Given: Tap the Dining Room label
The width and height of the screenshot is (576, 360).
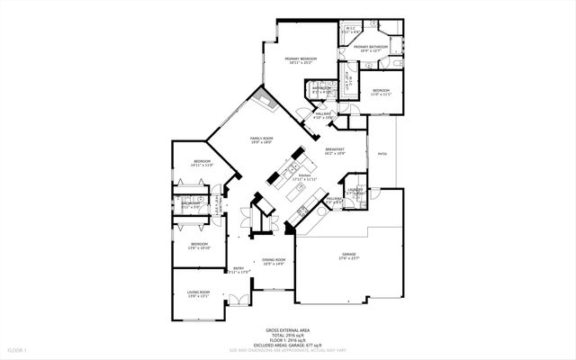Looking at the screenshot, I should [x=274, y=262].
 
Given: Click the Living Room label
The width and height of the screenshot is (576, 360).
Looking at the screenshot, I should [x=198, y=293].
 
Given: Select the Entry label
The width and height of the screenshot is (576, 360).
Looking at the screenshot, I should [x=238, y=269].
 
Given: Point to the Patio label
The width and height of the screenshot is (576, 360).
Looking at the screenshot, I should [x=382, y=154].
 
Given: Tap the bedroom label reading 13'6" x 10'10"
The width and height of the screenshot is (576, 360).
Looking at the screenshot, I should [x=199, y=245].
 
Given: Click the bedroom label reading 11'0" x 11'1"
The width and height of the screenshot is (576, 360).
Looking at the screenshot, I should [x=382, y=92].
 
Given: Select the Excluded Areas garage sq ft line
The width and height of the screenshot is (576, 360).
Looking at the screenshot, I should [x=287, y=345].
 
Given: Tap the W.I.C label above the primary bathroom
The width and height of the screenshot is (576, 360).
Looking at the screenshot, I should [x=352, y=30].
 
